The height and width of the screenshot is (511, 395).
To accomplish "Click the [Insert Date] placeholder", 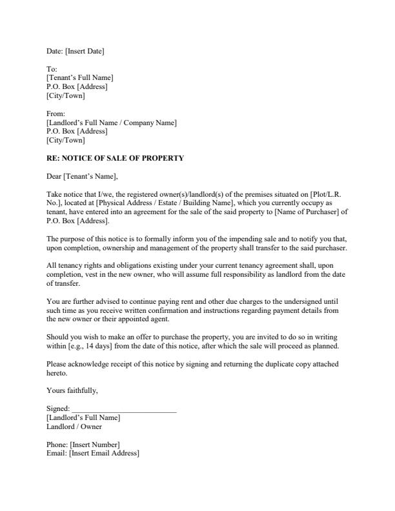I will coord(85,51).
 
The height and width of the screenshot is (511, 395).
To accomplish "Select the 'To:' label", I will coord(52,69).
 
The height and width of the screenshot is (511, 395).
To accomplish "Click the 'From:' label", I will coord(56,114).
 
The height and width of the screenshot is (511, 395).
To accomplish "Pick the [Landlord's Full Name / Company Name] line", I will coord(112,123).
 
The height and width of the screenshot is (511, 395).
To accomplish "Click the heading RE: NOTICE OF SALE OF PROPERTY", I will coord(116,158).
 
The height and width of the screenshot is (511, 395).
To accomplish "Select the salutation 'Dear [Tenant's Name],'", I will coord(83,176).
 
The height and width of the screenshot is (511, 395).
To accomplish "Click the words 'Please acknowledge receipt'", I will coord(87,364).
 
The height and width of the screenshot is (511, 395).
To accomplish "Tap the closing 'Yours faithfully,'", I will coord(72,390).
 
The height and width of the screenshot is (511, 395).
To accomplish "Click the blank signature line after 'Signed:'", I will coord(123,408).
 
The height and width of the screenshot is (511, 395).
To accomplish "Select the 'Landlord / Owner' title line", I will coord(74,426).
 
